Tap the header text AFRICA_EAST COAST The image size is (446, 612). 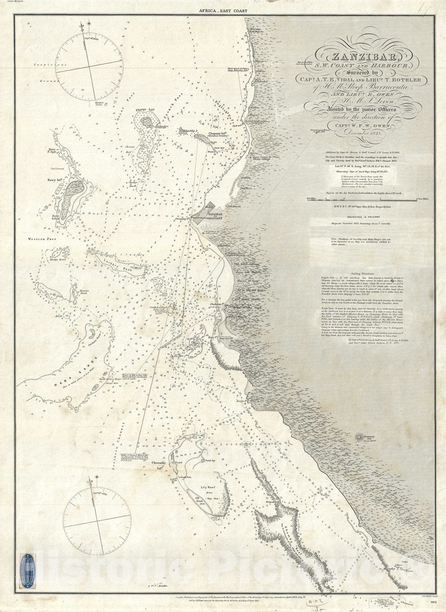pos(223,12)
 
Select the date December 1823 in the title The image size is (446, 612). pos(361,132)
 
